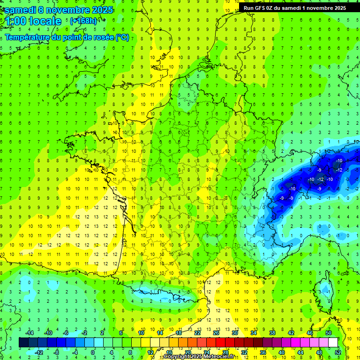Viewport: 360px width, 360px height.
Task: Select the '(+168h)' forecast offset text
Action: tap(84, 21)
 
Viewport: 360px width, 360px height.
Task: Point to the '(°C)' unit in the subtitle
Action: tap(122, 37)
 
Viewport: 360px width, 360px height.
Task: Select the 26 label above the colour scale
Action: tap(216, 333)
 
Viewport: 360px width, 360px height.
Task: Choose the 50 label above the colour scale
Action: tap(328, 333)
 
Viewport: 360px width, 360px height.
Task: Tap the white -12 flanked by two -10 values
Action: tap(321, 180)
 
